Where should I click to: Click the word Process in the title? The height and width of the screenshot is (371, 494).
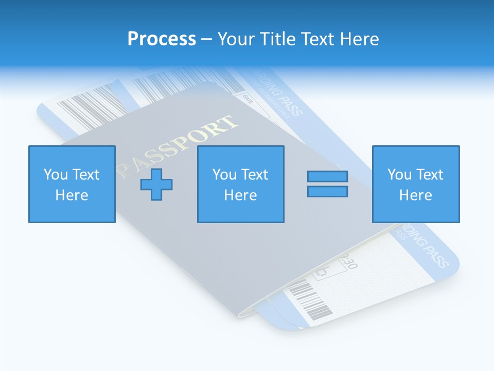(162, 39)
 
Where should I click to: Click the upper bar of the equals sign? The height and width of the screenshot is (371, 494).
(327, 176)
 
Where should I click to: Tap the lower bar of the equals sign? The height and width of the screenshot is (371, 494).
(327, 191)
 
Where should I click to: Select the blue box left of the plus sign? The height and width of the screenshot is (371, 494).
(72, 184)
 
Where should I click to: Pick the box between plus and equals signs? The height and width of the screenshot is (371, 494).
(240, 184)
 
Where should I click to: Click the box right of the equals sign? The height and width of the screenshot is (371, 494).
(415, 184)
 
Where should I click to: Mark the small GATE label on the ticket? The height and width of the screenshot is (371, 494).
(248, 96)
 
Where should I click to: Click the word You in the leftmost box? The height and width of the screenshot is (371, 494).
(56, 174)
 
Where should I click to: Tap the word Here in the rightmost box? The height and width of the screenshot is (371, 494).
(415, 195)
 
